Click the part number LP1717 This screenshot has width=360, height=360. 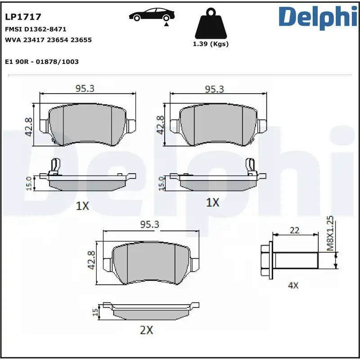(x=23, y=17)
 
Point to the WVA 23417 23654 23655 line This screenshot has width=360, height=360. (x=48, y=40)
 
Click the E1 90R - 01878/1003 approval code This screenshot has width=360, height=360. (x=41, y=61)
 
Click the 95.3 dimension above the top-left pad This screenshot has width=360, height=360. (x=85, y=89)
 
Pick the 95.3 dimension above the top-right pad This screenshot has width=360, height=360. (x=214, y=89)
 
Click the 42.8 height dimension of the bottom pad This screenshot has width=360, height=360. (x=92, y=260)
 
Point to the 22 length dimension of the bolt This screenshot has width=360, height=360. (x=294, y=230)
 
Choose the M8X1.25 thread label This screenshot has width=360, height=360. (x=330, y=233)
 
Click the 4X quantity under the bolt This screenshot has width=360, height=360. (x=293, y=285)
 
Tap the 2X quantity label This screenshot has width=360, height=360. (x=146, y=330)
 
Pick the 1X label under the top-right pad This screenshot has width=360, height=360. (x=212, y=203)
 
